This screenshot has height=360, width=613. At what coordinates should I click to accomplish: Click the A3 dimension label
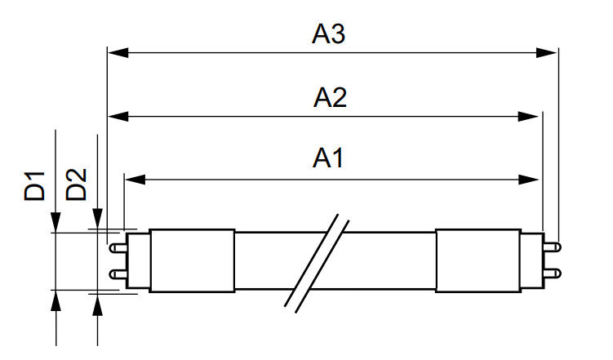coord(330,35)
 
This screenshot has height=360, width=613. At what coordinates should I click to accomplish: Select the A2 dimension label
coord(330,98)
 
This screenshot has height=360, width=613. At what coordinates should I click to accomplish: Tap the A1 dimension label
coord(330,158)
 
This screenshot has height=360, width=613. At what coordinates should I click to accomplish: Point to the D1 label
coord(34,186)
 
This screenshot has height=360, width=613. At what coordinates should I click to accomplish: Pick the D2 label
coord(77,186)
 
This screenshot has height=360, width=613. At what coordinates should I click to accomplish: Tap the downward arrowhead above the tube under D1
coord(56,222)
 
